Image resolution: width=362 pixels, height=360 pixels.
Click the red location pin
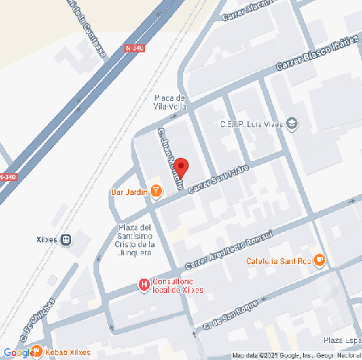point(181,168)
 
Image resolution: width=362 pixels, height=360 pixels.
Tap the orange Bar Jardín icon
point(156,192)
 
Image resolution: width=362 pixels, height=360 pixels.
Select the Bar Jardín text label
point(128,192)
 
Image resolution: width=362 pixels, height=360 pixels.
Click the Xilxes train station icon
point(66,239)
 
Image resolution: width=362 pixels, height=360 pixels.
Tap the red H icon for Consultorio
point(144,284)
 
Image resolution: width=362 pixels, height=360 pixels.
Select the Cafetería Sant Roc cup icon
point(319,259)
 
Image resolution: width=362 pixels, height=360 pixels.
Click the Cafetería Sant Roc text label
point(279,260)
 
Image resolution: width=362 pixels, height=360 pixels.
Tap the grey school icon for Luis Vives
point(292,124)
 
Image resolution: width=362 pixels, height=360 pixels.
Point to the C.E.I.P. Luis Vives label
point(252,124)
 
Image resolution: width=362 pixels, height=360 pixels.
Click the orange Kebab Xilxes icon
point(37,351)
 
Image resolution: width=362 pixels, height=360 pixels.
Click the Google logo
point(17,352)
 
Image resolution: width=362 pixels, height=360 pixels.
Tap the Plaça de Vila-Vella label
point(171,102)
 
